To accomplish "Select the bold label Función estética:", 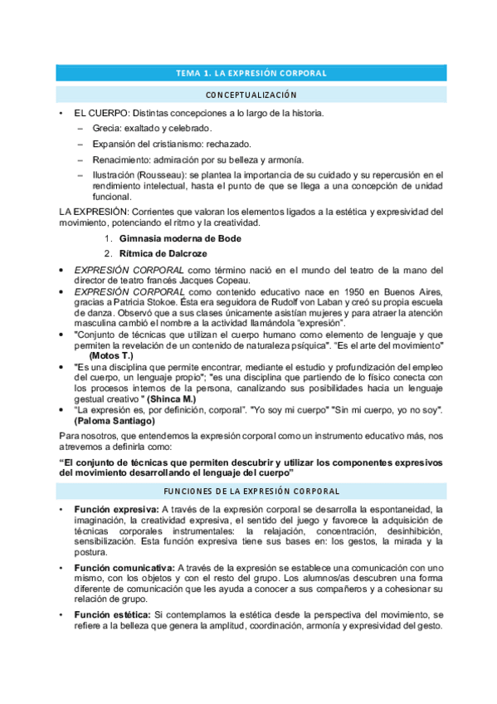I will [112, 614].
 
